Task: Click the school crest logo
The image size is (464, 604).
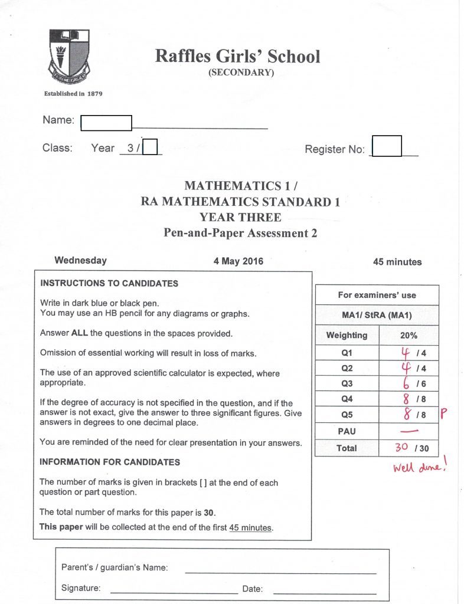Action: click(x=69, y=55)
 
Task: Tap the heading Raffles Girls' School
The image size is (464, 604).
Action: click(x=237, y=57)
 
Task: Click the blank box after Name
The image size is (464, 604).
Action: click(x=106, y=123)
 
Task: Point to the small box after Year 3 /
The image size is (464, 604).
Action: click(x=151, y=146)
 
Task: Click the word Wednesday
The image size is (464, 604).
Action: click(x=81, y=260)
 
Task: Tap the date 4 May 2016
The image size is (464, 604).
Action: click(x=238, y=261)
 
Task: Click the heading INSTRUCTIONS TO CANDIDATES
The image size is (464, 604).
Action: click(x=109, y=283)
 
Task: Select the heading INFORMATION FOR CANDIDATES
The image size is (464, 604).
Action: click(x=110, y=462)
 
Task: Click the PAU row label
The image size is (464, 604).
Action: click(x=347, y=431)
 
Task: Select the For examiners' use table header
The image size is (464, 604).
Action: click(x=377, y=295)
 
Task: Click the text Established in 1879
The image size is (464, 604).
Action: click(x=74, y=93)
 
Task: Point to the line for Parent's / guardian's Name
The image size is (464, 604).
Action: click(x=280, y=570)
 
